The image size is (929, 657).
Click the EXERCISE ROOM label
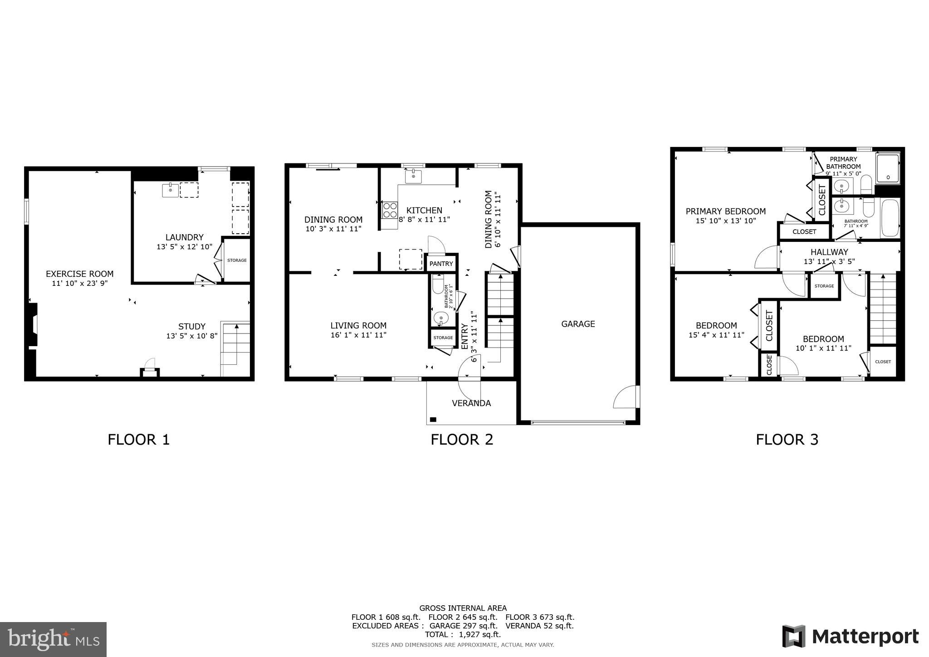pyautogui.click(x=79, y=274)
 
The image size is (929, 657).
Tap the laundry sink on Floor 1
pyautogui.click(x=170, y=190)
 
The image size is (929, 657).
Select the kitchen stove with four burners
pyautogui.click(x=390, y=210)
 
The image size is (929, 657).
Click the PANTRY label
pyautogui.click(x=441, y=264)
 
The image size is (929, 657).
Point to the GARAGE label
pyautogui.click(x=578, y=324)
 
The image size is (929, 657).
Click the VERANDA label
pyautogui.click(x=471, y=403)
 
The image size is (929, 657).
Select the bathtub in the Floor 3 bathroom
pyautogui.click(x=890, y=218)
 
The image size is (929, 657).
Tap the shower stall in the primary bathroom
pyautogui.click(x=887, y=169)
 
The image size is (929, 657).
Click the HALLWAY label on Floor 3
pyautogui.click(x=829, y=252)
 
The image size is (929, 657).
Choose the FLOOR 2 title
pyautogui.click(x=462, y=440)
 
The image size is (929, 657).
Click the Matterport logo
pyautogui.click(x=850, y=637)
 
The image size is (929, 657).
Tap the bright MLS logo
pyautogui.click(x=53, y=639)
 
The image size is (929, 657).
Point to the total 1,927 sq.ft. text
pyautogui.click(x=463, y=634)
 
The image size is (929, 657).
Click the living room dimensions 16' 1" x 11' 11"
pyautogui.click(x=358, y=335)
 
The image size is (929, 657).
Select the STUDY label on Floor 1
pyautogui.click(x=192, y=327)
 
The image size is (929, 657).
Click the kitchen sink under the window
pyautogui.click(x=413, y=176)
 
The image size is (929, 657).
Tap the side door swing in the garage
pyautogui.click(x=625, y=397)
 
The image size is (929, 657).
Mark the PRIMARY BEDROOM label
pyautogui.click(x=725, y=211)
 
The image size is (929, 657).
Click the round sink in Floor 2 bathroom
pyautogui.click(x=440, y=319)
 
